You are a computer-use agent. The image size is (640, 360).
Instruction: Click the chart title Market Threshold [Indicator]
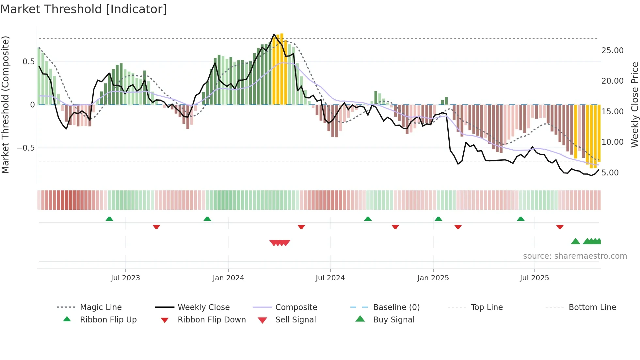tap(84, 9)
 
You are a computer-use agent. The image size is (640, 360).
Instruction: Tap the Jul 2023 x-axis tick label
tap(125, 278)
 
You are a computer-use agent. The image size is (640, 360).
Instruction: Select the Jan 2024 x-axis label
tap(228, 278)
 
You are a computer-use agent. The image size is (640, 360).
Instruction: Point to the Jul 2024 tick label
tap(330, 278)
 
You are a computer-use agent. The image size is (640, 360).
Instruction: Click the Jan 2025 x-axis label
tap(433, 278)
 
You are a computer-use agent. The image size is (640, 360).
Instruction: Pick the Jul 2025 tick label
tap(534, 278)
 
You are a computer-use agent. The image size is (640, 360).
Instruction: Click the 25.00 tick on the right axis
tap(612, 51)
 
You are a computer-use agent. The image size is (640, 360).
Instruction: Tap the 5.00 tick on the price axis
tap(610, 173)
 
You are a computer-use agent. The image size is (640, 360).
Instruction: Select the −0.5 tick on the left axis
tap(25, 148)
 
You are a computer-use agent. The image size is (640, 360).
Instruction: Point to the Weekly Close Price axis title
tap(634, 105)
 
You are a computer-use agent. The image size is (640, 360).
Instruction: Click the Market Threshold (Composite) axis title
tap(5, 105)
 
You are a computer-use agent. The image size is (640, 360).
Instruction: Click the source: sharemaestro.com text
tap(575, 256)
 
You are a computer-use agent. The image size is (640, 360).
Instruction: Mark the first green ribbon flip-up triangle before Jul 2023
tap(109, 219)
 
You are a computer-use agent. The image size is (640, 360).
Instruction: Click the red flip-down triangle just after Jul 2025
tap(560, 227)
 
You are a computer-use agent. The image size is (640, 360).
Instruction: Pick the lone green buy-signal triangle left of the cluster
tap(575, 241)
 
